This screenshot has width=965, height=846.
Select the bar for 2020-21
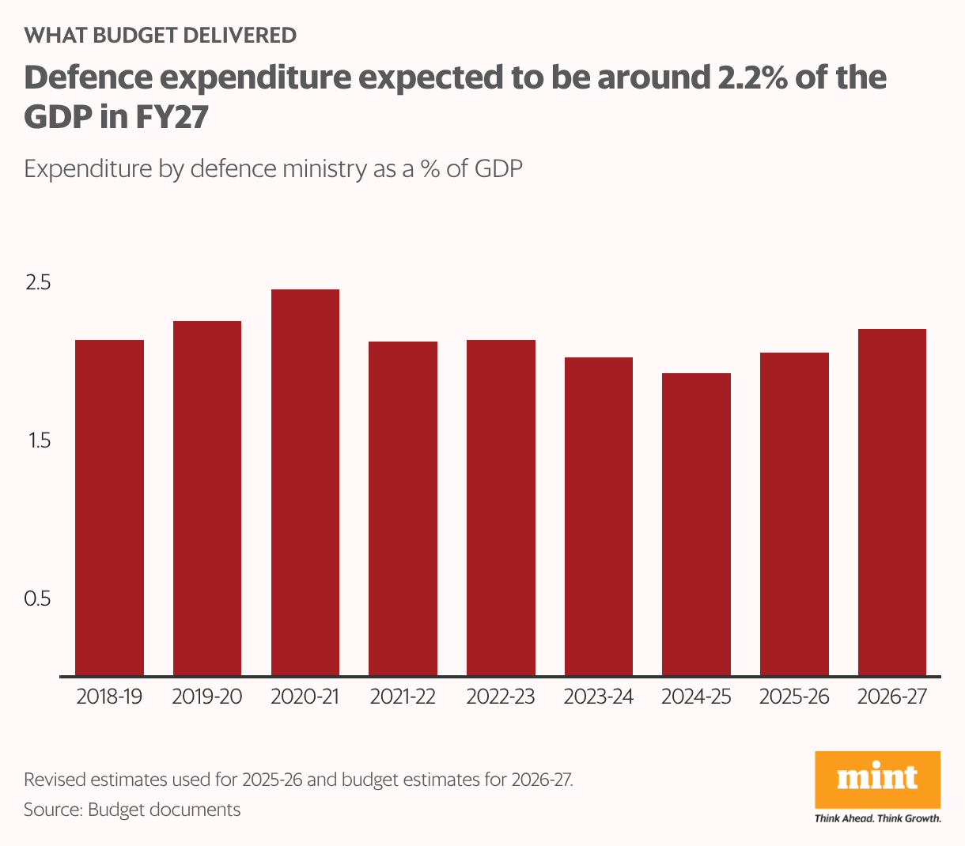click(305, 482)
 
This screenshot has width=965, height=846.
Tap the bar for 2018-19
click(109, 508)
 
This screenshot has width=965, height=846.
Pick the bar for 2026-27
click(891, 502)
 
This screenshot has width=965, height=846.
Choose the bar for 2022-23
click(501, 508)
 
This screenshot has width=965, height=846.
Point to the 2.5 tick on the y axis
click(38, 282)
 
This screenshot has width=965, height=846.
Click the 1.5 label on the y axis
click(39, 440)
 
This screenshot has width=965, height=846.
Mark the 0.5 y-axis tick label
click(37, 599)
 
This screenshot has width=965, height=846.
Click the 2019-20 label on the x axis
click(207, 697)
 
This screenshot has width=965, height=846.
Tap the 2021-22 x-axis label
click(403, 697)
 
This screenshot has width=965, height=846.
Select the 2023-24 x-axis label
click(599, 697)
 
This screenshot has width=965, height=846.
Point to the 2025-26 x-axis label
click(794, 697)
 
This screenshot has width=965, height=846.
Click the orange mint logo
click(877, 779)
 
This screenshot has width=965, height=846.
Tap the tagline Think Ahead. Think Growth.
click(877, 818)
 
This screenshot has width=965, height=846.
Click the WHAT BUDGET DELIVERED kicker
click(161, 35)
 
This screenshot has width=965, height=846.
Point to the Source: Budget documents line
click(132, 810)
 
